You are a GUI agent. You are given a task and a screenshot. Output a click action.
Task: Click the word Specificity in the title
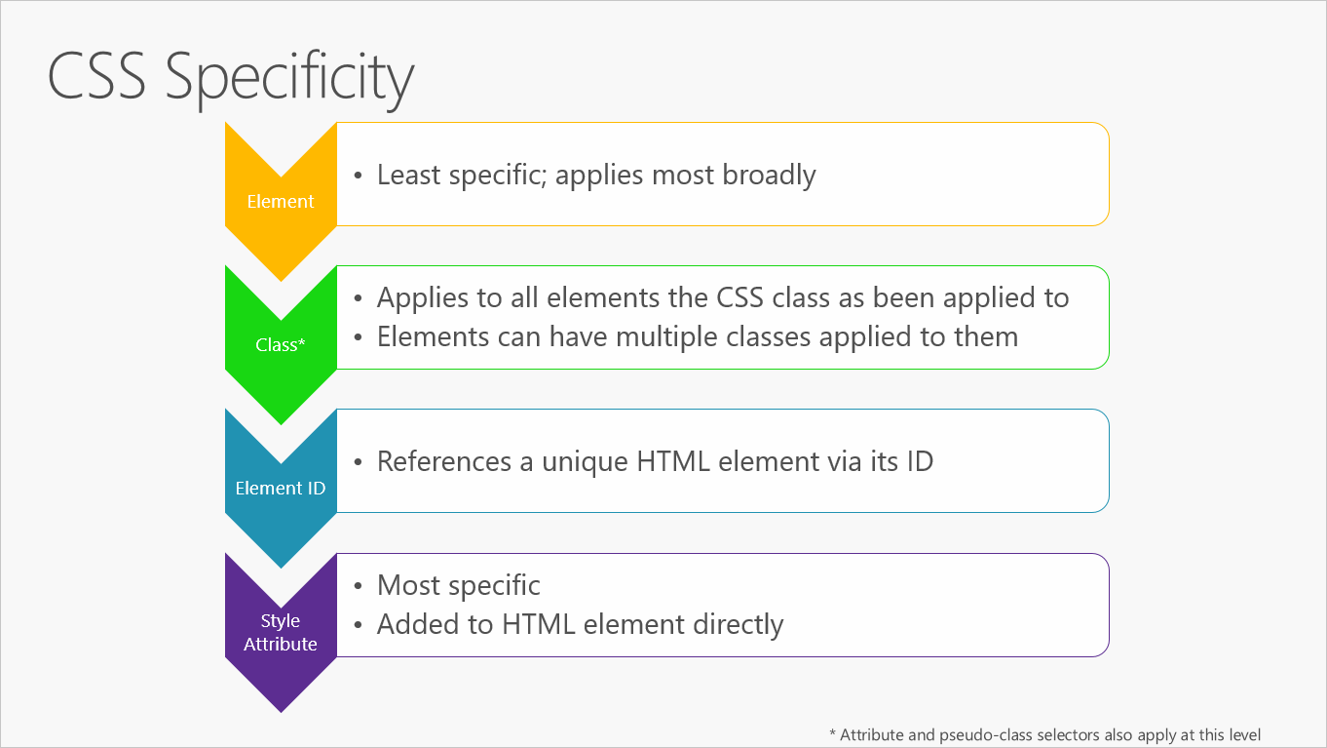click(289, 77)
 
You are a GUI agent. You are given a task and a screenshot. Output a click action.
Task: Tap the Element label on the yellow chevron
click(281, 202)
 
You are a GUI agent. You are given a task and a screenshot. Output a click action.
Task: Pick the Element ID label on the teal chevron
click(281, 489)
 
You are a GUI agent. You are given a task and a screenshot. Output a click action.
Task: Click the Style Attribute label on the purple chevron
click(281, 632)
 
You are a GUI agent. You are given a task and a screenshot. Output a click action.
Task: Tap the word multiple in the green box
click(681, 337)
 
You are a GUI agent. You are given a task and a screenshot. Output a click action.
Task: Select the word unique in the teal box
click(584, 461)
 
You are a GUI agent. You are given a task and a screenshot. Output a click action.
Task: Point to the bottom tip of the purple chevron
click(281, 710)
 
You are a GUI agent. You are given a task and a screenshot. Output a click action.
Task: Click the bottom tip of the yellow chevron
click(281, 280)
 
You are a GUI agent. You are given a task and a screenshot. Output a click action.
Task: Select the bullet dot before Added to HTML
click(358, 625)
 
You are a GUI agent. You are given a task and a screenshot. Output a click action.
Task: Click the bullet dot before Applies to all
click(358, 298)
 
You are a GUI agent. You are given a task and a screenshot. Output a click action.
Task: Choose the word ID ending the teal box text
click(920, 461)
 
